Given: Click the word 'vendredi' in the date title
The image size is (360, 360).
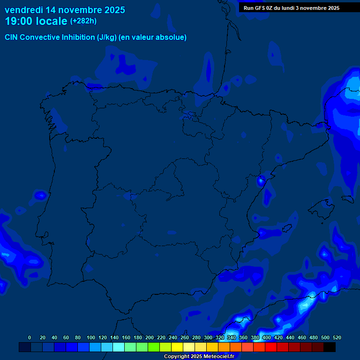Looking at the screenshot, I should pos(24,10).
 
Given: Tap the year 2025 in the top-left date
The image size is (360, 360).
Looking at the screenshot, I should pos(114,10).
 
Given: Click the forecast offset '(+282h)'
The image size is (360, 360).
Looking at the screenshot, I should pos(83,21).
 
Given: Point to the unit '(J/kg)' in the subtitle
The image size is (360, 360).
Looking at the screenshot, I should pos(107,37).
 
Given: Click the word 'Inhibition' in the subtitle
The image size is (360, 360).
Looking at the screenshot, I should pos(78,37).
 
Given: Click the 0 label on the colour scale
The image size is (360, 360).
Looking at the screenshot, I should pos(30,337).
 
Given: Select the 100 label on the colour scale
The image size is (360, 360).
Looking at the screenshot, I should pos(91,337).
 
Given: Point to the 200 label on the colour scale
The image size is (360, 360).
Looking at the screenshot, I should pos(150,337).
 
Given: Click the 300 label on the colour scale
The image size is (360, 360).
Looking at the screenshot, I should pos(208,337).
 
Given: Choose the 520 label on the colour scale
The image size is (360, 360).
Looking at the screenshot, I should pos(337,337).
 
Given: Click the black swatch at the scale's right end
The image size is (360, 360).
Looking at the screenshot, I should pos(330,347).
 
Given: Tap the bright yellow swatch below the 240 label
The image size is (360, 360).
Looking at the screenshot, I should pos(177,347).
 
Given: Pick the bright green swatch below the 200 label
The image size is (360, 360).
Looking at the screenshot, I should pos(154,347).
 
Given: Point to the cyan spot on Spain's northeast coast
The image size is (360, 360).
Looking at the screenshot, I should pos(261,180).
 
